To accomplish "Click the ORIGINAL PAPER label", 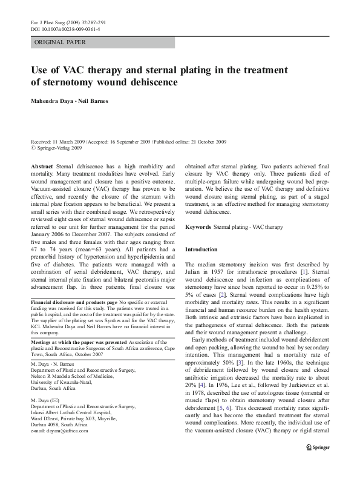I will coord(60,42).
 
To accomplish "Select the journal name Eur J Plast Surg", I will coord(47,21).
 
